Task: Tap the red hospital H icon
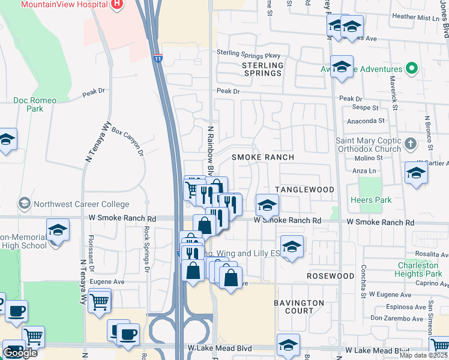tap(117, 4)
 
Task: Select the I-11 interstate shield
tap(157, 59)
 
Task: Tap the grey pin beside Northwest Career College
tap(25, 203)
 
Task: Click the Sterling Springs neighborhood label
tap(262, 69)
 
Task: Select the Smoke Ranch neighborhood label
tap(263, 157)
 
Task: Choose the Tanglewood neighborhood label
tap(304, 190)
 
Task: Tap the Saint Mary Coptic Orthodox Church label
tap(368, 145)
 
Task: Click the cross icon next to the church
tap(410, 144)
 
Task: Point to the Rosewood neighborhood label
tap(330, 276)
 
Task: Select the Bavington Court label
tap(300, 307)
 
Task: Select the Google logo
tap(20, 353)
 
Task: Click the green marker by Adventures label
tap(411, 68)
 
